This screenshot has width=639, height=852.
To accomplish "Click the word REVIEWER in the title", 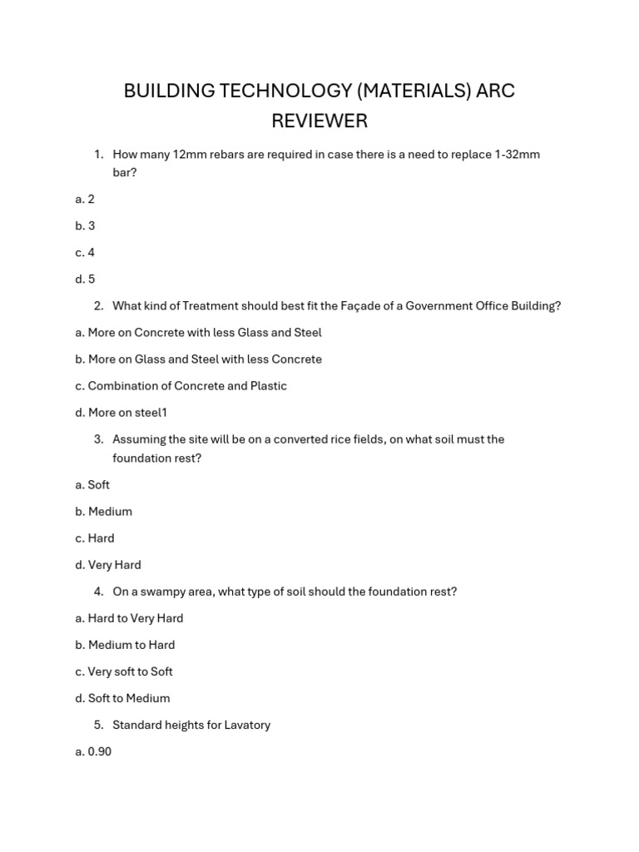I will (x=319, y=121).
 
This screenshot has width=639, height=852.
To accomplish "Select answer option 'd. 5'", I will (x=85, y=280).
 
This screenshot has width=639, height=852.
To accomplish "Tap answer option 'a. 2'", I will (x=85, y=200).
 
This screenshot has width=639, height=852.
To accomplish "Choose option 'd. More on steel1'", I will (x=121, y=413).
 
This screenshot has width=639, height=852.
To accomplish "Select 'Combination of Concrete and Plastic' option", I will (x=187, y=386).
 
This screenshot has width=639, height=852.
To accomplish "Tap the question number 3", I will (x=98, y=439).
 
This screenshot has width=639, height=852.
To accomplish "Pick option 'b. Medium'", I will (x=104, y=512).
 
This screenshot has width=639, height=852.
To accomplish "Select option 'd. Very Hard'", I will (x=108, y=565).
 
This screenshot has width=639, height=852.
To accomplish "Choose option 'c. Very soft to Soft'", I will (x=124, y=671).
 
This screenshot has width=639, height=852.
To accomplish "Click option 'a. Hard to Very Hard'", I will (x=129, y=618).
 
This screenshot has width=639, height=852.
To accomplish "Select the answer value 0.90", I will (x=100, y=752).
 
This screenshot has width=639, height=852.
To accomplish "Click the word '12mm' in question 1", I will (x=190, y=155).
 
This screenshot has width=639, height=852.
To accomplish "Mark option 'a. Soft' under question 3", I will (x=92, y=485).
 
